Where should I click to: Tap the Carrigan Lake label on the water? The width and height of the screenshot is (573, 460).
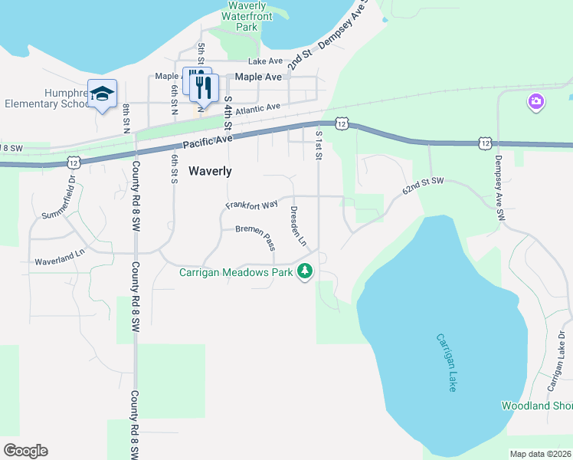point(446,363)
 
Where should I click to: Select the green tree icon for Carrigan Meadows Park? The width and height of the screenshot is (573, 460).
point(306,271)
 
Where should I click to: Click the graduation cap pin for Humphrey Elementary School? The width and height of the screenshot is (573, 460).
point(102,94)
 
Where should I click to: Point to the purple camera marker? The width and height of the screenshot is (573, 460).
point(535,101)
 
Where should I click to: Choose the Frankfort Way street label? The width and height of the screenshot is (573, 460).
point(251,205)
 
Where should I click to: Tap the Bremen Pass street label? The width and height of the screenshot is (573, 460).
point(255,235)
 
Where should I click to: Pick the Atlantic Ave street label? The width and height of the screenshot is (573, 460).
point(257,110)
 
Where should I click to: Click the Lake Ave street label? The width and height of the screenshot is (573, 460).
point(266,61)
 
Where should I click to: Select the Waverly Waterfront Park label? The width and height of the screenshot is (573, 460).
point(247,15)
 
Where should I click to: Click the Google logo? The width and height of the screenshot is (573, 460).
point(25,451)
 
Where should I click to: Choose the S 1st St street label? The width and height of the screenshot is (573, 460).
point(319,144)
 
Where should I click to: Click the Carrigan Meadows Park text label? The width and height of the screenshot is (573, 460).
point(237,271)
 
